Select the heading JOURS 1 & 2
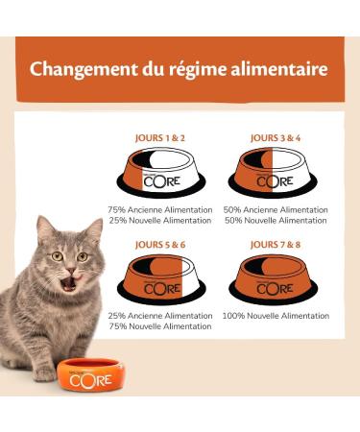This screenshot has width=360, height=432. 158,137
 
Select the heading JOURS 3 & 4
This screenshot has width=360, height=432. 276,137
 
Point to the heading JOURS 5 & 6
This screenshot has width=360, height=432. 158,244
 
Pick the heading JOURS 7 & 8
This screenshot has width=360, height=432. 276,244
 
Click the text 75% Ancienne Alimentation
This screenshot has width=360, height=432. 158,209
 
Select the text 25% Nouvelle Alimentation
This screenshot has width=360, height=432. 158,221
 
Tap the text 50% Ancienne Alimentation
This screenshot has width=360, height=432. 276,209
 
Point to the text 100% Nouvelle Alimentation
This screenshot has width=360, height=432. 276,316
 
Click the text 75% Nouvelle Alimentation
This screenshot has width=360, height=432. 158,327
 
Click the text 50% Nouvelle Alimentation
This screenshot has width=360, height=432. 276,221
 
